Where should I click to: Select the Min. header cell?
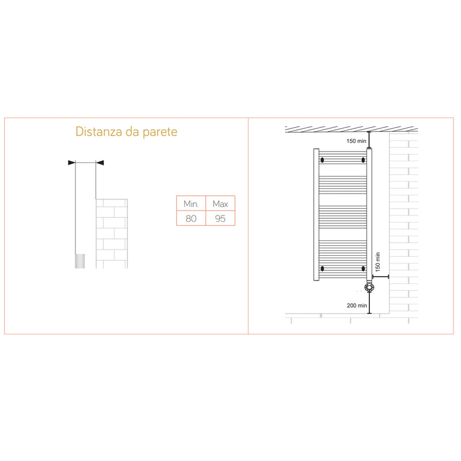191,204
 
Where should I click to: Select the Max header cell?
221,204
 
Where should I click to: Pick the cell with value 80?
191,218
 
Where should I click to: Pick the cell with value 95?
221,218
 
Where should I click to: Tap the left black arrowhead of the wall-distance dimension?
71,163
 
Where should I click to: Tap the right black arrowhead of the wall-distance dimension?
100,163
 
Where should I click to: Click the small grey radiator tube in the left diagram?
81,262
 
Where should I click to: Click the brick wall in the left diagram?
112,233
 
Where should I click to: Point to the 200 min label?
357,305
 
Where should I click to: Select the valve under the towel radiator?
369,286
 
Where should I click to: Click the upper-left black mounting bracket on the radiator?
322,160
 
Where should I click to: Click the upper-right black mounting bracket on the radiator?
363,160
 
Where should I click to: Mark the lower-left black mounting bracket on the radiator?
322,268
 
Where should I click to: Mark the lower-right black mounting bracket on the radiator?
363,268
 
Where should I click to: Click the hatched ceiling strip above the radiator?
352,128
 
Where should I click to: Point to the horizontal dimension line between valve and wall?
382,277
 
